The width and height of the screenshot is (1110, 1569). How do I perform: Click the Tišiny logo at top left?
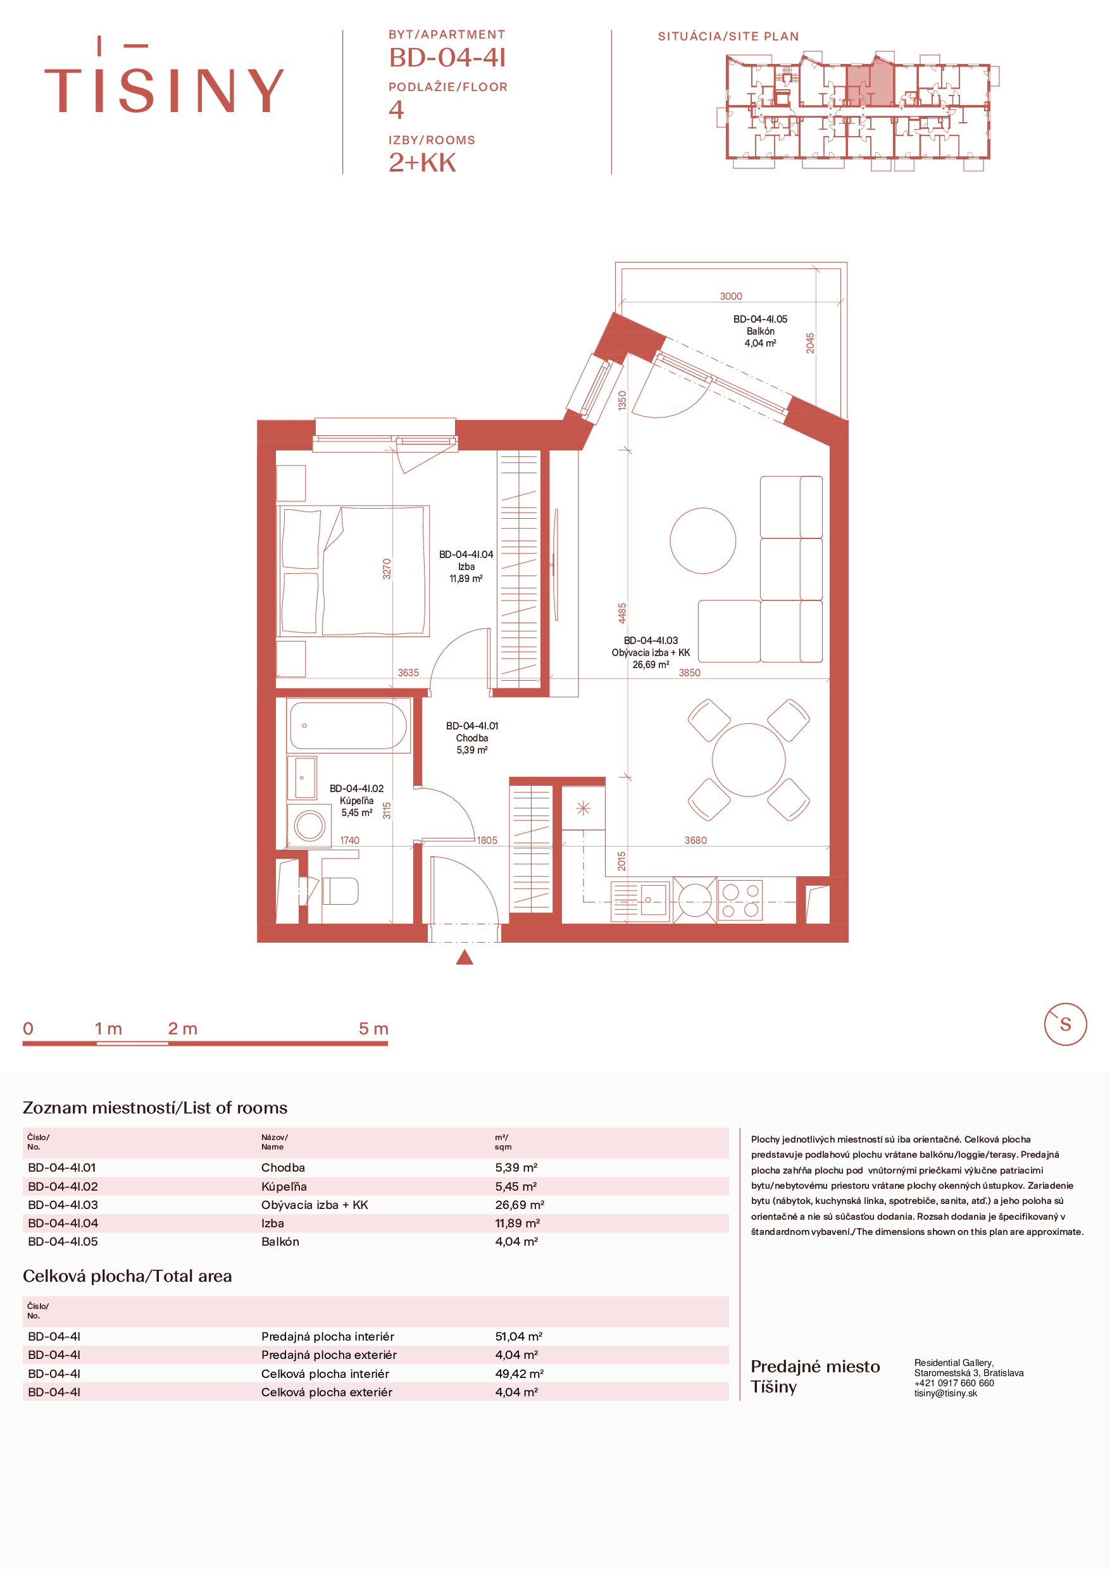pyautogui.click(x=164, y=75)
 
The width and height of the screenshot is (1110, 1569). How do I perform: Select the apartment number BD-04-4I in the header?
pyautogui.click(x=447, y=58)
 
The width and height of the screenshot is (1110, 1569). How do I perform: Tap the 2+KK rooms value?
pyautogui.click(x=422, y=163)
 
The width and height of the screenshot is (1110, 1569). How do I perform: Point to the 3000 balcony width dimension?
pyautogui.click(x=731, y=296)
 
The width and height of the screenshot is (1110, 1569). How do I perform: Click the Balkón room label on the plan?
pyautogui.click(x=760, y=332)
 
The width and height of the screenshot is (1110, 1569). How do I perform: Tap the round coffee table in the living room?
pyautogui.click(x=702, y=540)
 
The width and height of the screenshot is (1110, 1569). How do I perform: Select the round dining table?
pyautogui.click(x=749, y=760)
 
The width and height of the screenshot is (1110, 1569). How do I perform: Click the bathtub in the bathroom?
pyautogui.click(x=348, y=725)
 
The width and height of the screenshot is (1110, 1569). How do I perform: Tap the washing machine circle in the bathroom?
pyautogui.click(x=309, y=826)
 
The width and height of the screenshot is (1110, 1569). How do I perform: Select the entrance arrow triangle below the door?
pyautogui.click(x=465, y=957)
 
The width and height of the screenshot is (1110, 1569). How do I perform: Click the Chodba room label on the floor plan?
pyautogui.click(x=472, y=738)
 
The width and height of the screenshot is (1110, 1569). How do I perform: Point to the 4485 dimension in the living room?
pyautogui.click(x=622, y=612)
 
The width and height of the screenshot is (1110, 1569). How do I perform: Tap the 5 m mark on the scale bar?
pyautogui.click(x=373, y=1029)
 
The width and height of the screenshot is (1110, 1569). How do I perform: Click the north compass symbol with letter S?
pyautogui.click(x=1065, y=1024)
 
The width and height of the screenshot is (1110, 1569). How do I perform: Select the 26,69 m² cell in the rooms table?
pyautogui.click(x=520, y=1205)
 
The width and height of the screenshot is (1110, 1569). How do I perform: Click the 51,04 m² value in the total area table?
pyautogui.click(x=519, y=1336)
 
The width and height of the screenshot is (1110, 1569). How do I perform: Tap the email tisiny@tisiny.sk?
pyautogui.click(x=945, y=1392)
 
